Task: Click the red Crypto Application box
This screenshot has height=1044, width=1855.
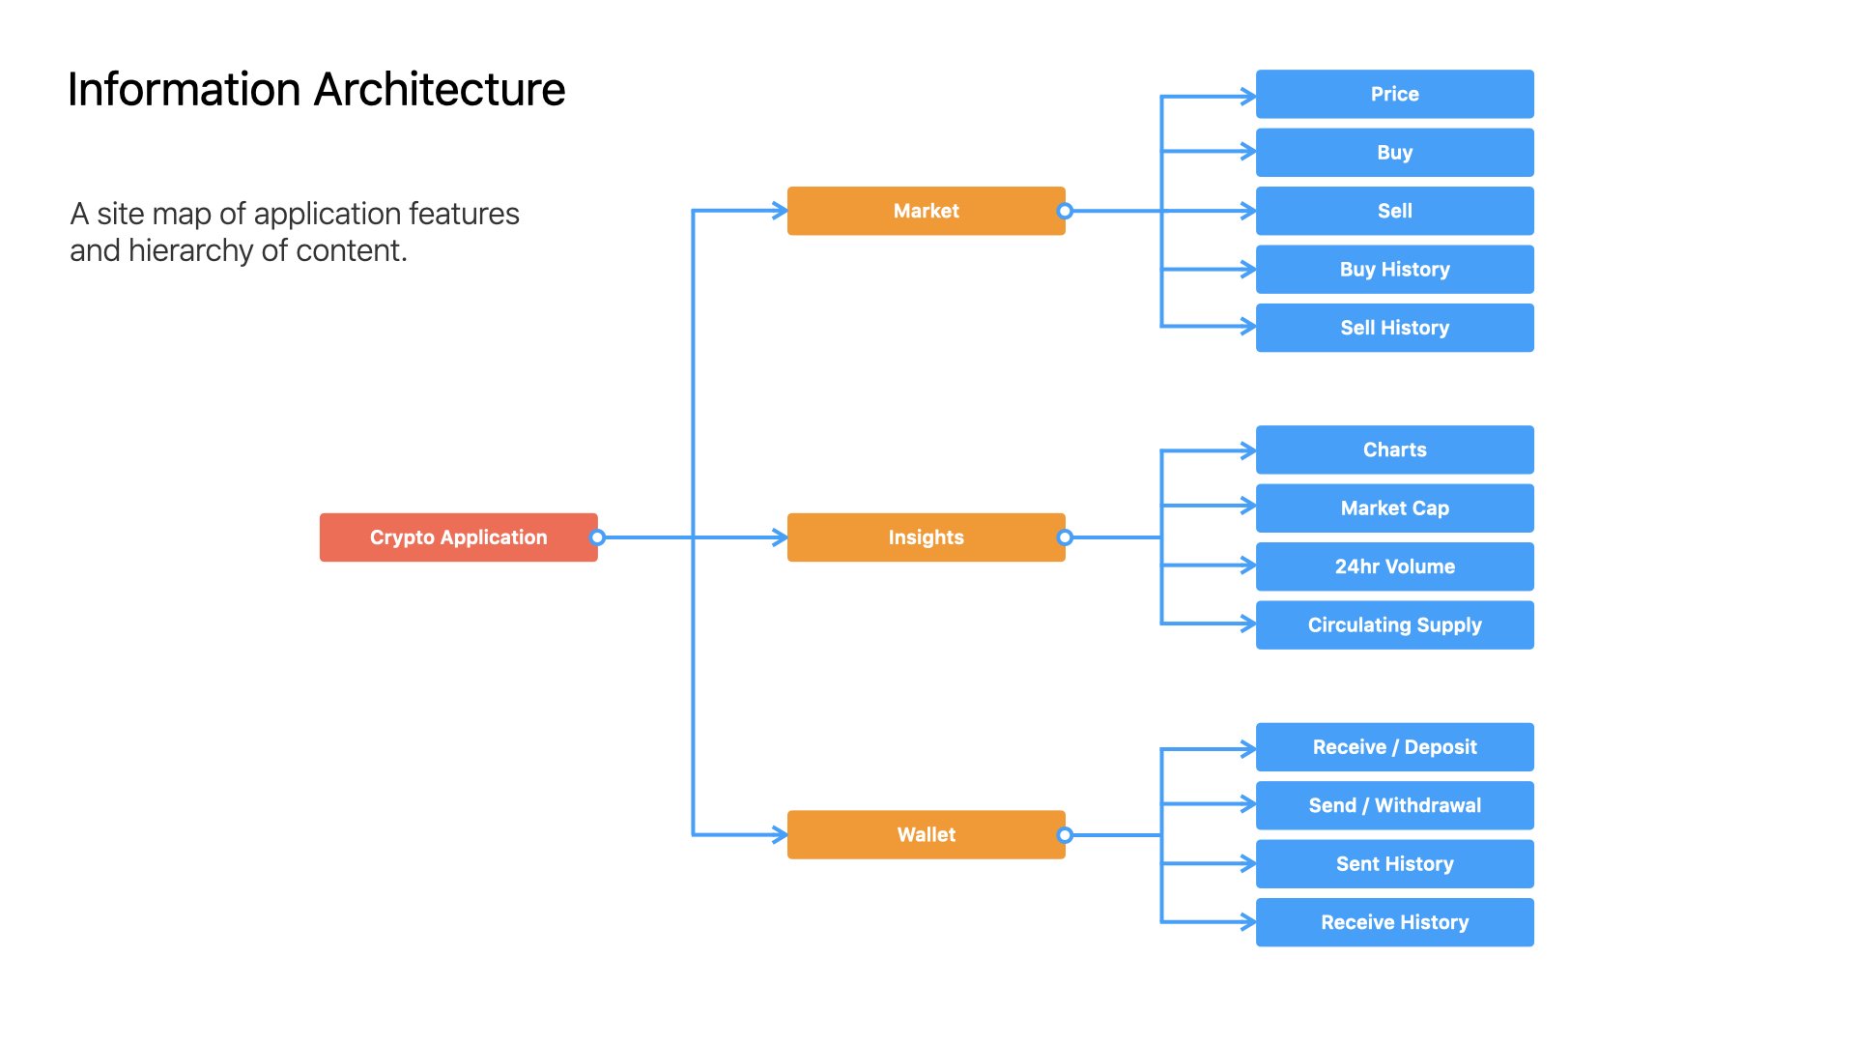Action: [459, 537]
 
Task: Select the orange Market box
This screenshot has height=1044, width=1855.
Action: [927, 211]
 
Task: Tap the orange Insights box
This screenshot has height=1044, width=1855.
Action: [927, 537]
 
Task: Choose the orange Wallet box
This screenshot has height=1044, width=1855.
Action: [927, 834]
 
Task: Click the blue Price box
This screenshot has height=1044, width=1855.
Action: [1395, 94]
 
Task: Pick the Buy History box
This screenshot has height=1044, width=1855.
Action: [1395, 269]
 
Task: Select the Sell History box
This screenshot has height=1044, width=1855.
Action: [1395, 328]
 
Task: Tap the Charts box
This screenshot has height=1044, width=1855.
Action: [1395, 449]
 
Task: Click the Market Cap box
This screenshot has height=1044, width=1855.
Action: [1395, 508]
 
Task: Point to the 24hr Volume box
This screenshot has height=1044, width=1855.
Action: [1395, 566]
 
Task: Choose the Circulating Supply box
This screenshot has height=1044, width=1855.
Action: [1395, 624]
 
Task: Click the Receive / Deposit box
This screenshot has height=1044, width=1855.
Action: [1395, 747]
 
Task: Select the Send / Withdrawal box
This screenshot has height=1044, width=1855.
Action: [1395, 805]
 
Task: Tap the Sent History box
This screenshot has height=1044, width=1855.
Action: [1395, 864]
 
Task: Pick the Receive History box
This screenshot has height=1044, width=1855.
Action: [1395, 922]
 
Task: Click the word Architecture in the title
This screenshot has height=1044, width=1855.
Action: [440, 89]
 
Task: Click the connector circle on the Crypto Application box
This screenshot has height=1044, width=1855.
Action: [598, 537]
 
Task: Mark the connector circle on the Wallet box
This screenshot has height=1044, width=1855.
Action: [1065, 834]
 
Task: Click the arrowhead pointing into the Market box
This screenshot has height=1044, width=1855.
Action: [781, 211]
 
